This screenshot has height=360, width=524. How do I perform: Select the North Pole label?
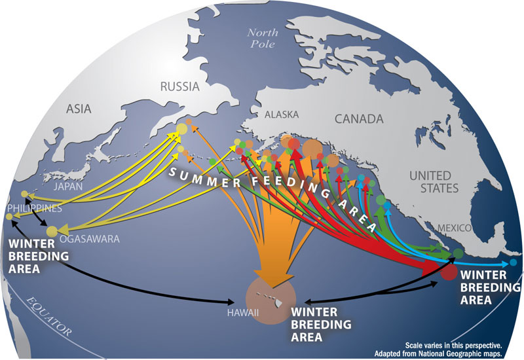263,37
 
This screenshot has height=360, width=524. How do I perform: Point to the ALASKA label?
281,115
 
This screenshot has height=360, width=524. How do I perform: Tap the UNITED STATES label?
430,183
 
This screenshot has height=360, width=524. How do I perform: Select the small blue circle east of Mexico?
514,262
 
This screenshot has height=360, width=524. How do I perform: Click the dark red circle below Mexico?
449,272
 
